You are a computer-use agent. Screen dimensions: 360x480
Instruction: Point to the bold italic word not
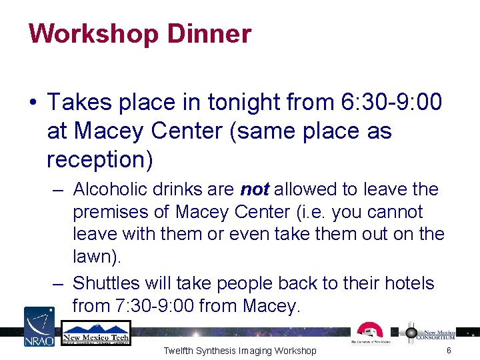coord(255,189)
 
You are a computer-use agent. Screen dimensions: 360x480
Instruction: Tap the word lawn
coord(91,257)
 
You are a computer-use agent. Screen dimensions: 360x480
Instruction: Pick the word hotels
coord(407,283)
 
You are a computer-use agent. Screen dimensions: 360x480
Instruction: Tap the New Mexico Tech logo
coord(95,333)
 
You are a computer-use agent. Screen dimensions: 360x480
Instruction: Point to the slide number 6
coord(449,351)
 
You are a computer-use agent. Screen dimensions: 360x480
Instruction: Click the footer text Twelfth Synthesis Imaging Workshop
coord(240,351)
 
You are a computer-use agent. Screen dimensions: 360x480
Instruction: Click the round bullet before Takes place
coord(32,103)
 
